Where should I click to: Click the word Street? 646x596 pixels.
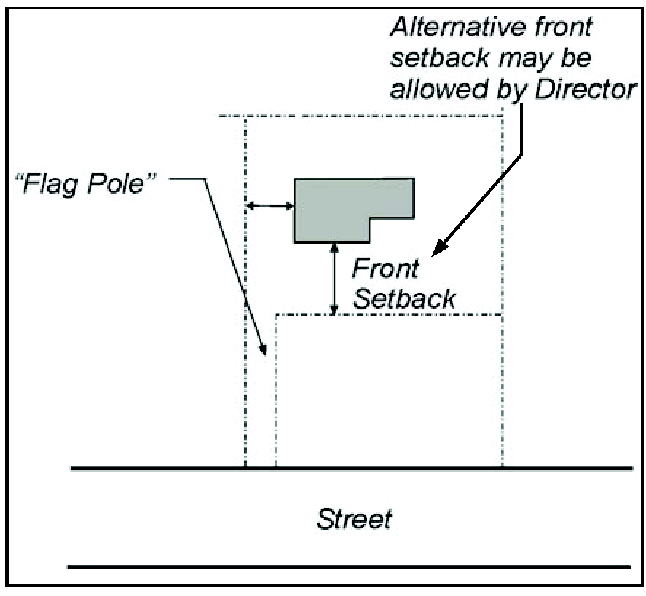(354, 520)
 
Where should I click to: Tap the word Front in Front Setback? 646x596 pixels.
(385, 269)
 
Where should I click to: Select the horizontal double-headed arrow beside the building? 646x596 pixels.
(269, 207)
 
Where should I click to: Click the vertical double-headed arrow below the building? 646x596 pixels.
(334, 279)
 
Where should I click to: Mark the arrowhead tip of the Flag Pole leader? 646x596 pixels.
(266, 354)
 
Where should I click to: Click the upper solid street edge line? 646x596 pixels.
(350, 468)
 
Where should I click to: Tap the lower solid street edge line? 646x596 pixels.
(350, 565)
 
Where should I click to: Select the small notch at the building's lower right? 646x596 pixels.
(392, 229)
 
